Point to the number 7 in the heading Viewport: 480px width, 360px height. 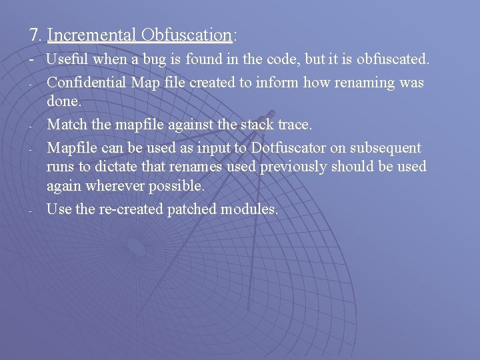click(x=33, y=35)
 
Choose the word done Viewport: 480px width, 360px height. click(x=63, y=101)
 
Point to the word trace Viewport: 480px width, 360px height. click(x=291, y=125)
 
